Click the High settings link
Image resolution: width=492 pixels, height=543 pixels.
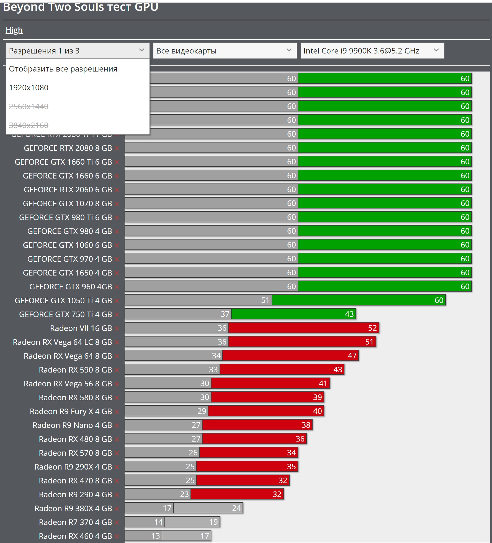click(14, 30)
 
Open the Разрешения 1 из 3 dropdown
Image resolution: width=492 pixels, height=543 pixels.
click(78, 51)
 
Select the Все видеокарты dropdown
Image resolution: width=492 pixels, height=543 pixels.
click(225, 51)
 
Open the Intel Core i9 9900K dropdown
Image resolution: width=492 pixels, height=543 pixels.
click(372, 51)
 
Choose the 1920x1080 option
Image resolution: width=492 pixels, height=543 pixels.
click(29, 88)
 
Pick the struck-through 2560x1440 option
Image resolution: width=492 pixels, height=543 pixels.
click(29, 106)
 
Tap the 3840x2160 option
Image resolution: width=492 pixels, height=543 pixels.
click(29, 125)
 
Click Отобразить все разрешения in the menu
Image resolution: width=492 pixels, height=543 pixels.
click(63, 69)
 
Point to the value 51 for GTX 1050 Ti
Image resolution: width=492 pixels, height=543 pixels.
click(265, 300)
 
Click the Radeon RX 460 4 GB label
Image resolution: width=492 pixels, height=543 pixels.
click(75, 536)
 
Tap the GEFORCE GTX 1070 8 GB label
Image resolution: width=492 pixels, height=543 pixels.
click(67, 203)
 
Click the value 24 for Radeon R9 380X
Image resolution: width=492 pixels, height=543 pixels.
click(236, 508)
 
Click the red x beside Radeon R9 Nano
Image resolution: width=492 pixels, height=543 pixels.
click(117, 425)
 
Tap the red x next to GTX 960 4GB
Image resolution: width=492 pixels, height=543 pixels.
click(117, 287)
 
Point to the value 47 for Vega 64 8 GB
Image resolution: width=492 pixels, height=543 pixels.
click(352, 356)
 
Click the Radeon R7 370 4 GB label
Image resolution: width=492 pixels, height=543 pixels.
click(75, 522)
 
